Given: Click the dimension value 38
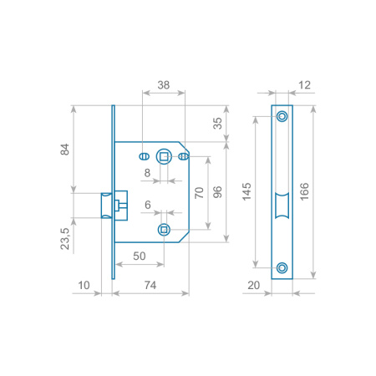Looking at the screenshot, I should click(x=164, y=85).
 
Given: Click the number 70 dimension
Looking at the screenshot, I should click(x=199, y=191).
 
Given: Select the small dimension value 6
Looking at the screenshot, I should click(x=148, y=205).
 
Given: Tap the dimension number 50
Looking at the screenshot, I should click(x=140, y=256).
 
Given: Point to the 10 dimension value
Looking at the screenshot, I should click(x=84, y=286).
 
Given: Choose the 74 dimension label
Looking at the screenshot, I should click(x=151, y=286).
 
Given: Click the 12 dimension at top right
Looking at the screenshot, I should click(x=302, y=85).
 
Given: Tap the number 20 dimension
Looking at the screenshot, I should click(x=256, y=286).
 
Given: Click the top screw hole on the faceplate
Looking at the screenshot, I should click(x=282, y=115).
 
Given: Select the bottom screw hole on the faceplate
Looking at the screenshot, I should click(x=282, y=267).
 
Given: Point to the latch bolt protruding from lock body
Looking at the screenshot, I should click(x=107, y=205).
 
